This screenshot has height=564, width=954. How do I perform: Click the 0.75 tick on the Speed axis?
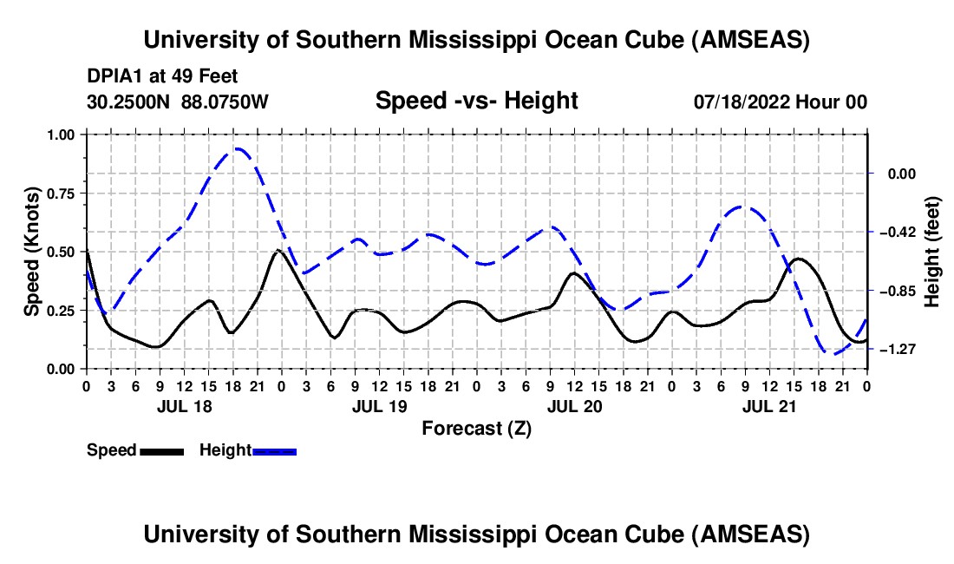coord(66,193)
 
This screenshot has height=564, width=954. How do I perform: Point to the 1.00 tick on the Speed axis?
coord(66,134)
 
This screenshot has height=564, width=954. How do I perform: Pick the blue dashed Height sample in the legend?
coord(274,450)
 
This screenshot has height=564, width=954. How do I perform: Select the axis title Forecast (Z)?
coord(476,428)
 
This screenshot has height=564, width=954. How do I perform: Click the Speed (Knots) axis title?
coord(31,252)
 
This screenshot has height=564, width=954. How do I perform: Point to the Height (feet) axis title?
coord(933,252)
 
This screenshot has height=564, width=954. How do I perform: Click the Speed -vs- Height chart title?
coord(476,101)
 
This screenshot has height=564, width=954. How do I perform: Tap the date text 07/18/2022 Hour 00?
coord(781,102)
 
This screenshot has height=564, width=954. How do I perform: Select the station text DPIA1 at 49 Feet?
coord(162,76)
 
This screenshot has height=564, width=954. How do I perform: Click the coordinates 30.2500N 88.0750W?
coord(178,102)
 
